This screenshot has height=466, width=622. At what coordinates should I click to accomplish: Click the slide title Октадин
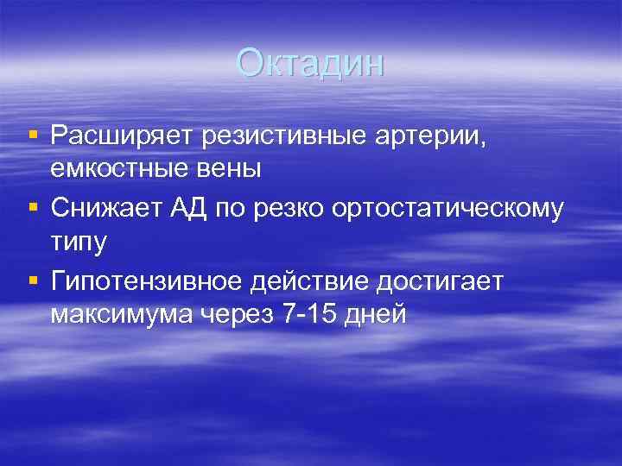[310, 64]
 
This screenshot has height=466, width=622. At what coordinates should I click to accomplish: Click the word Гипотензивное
[146, 280]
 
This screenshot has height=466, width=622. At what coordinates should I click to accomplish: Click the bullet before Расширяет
[33, 135]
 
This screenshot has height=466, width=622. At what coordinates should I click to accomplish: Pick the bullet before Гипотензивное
[33, 280]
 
